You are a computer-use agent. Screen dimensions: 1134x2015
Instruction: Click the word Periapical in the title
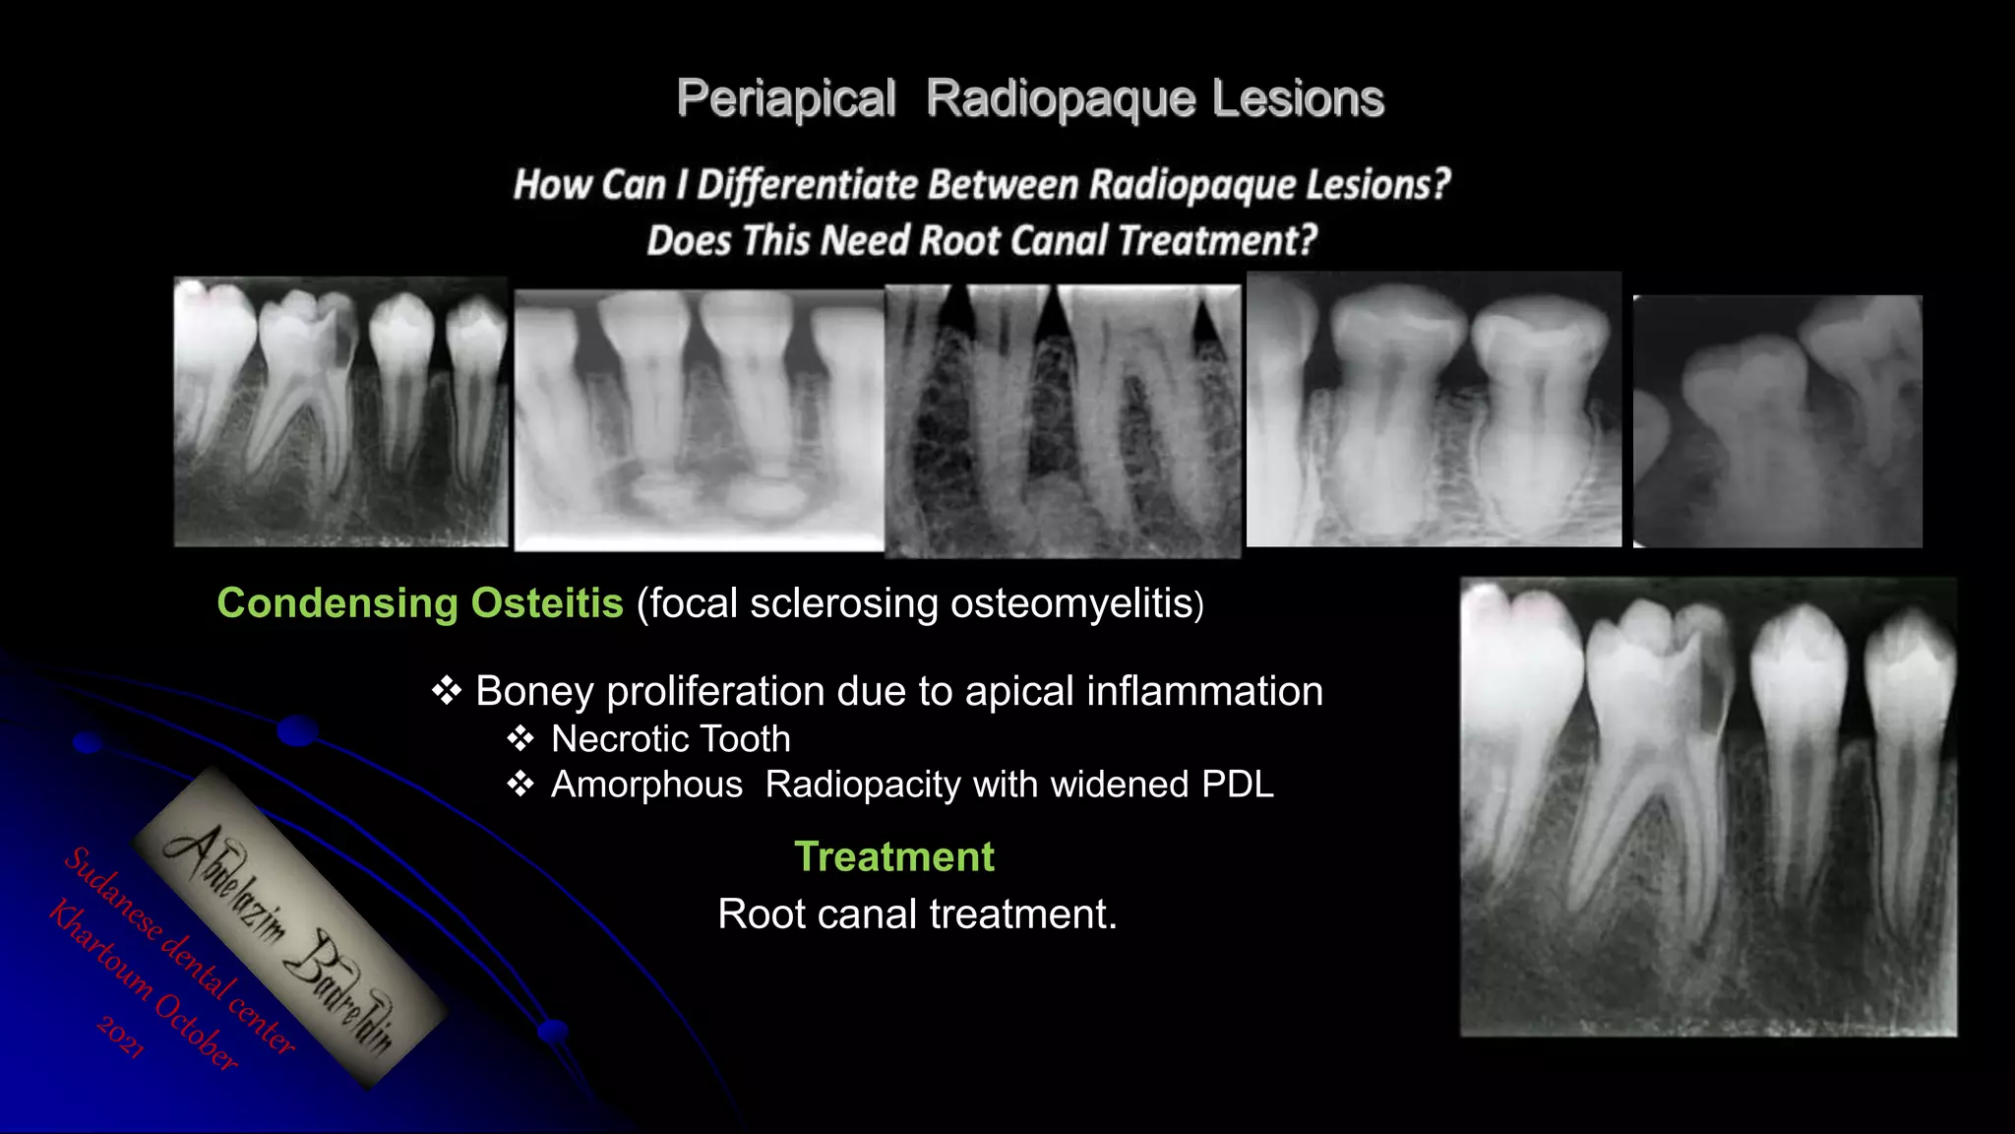click(785, 99)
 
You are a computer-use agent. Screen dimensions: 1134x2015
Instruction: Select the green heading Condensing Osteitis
click(419, 602)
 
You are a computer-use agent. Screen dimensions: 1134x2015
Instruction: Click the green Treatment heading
click(893, 856)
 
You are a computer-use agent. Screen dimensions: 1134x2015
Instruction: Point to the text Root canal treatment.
click(917, 914)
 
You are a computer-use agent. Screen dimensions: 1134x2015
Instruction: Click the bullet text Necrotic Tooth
click(670, 739)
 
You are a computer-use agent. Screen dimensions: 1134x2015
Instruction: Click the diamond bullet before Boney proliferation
click(447, 691)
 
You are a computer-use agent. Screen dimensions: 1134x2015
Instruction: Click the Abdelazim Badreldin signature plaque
click(288, 928)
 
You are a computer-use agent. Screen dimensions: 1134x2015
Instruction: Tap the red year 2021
click(121, 1038)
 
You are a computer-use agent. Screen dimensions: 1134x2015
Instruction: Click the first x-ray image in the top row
click(340, 411)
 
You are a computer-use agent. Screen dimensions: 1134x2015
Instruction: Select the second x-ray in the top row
click(699, 419)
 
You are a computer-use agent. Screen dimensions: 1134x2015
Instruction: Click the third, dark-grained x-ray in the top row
click(1063, 421)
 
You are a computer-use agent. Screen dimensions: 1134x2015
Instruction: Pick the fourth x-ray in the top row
click(1434, 409)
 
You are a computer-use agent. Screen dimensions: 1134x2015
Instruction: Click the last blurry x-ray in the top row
click(1777, 421)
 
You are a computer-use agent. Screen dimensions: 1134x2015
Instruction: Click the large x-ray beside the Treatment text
click(1708, 807)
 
